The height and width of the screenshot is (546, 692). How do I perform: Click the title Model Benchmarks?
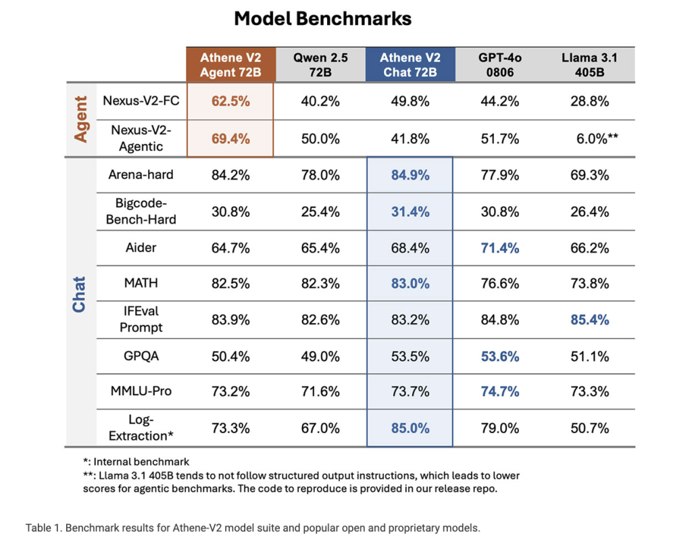click(x=322, y=19)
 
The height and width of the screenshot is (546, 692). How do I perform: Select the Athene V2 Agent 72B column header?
click(x=231, y=64)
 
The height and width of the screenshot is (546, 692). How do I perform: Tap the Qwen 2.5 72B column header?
click(x=320, y=64)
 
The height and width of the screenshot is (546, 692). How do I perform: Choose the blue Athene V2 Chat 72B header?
click(x=410, y=64)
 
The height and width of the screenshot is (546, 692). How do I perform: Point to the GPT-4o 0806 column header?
click(x=500, y=64)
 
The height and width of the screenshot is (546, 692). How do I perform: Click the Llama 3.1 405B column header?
click(x=589, y=64)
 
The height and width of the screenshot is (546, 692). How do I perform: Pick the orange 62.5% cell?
click(x=230, y=101)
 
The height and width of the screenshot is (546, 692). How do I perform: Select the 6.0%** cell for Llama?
click(x=597, y=139)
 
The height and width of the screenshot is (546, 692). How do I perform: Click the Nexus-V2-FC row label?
click(x=141, y=101)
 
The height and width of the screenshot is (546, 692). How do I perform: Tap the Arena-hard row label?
click(x=141, y=175)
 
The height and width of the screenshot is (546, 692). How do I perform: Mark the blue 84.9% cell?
click(x=410, y=175)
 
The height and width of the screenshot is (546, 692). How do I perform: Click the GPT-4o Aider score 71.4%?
click(x=500, y=248)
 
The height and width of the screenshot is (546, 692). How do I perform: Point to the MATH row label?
click(x=141, y=283)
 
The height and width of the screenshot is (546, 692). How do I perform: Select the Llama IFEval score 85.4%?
click(x=589, y=320)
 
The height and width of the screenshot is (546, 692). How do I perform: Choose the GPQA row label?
click(x=141, y=355)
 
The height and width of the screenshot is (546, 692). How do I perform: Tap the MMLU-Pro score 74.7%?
click(x=500, y=391)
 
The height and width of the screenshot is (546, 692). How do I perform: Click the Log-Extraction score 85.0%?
click(x=410, y=428)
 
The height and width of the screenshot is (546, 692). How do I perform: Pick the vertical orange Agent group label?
click(x=81, y=119)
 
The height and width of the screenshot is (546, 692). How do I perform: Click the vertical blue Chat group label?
click(x=79, y=295)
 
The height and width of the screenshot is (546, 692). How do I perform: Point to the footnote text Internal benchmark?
click(x=141, y=462)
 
